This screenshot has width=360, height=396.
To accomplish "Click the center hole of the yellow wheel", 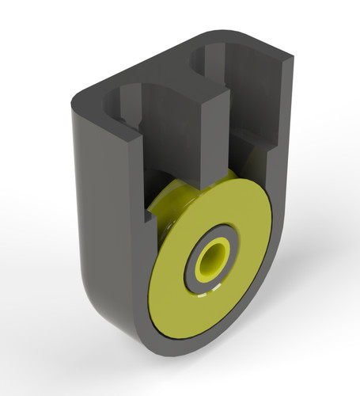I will click(212, 260).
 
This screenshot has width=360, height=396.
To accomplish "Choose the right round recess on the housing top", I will click(229, 63).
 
